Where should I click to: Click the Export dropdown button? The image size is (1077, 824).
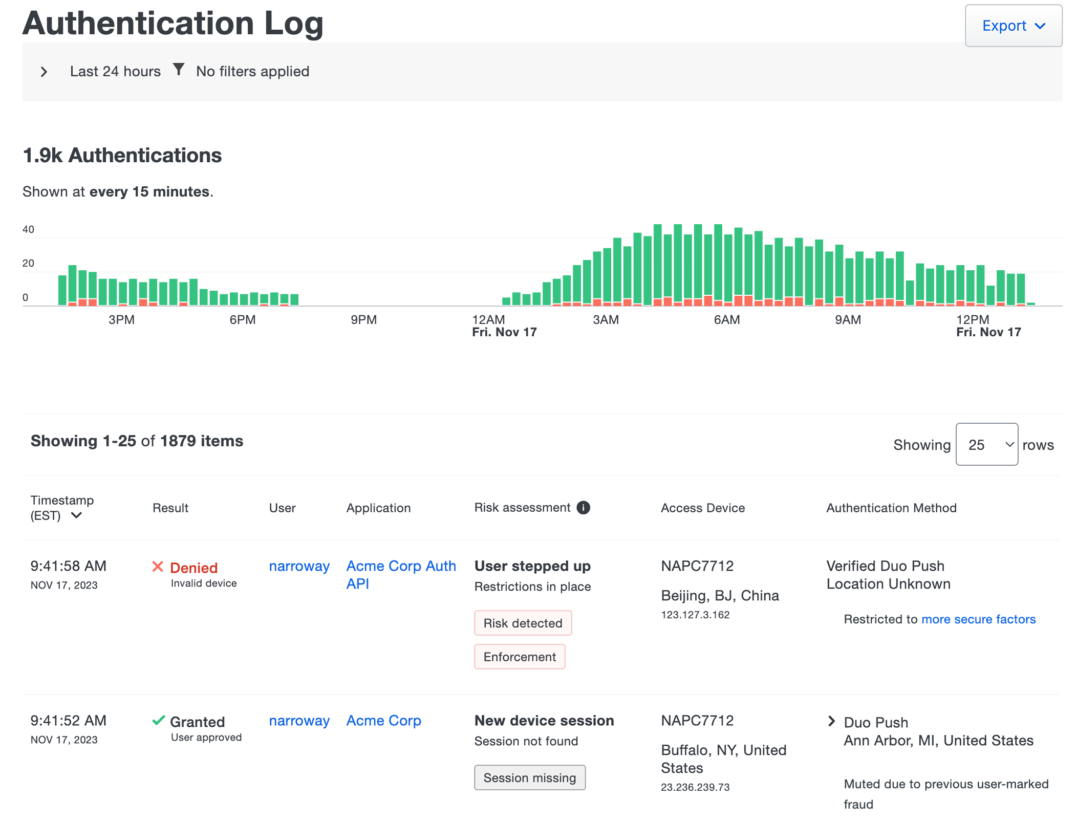1013,26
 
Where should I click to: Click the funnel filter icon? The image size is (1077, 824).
178,69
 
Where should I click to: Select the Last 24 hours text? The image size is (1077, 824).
115,71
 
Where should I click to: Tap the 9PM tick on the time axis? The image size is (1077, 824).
363,320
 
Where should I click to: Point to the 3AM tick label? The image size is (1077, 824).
606,320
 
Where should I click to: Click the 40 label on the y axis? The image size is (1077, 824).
28,229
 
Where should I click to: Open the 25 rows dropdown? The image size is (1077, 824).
986,444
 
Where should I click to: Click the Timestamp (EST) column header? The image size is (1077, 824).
61,507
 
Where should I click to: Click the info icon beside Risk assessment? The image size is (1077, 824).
583,507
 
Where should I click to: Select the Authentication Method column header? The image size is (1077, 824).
891,508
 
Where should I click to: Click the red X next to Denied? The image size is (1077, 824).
158,567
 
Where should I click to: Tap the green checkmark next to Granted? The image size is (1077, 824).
159,721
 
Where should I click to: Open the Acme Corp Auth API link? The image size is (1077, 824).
400,574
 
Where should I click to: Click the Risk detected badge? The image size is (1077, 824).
522,623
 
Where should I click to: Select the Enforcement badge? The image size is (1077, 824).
519,657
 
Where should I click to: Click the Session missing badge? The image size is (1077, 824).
529,777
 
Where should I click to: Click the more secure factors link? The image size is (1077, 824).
978,619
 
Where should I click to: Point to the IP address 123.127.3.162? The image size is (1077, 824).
695,615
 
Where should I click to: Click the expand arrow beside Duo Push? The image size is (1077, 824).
831,721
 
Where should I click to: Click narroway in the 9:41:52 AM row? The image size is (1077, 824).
299,721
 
